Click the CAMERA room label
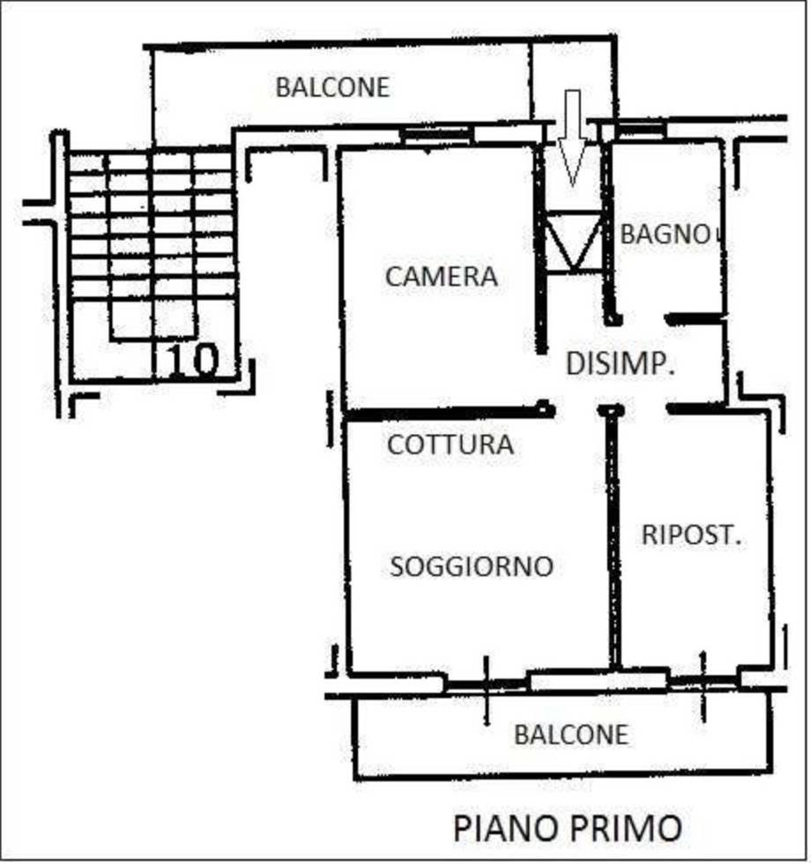[441, 277]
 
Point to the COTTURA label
[450, 444]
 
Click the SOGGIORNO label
[472, 566]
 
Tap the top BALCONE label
[332, 87]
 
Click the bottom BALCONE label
[572, 734]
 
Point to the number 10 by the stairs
[192, 362]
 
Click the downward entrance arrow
[573, 137]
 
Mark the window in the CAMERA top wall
[436, 135]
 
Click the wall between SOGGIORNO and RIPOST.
[614, 538]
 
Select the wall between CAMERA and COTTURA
[441, 412]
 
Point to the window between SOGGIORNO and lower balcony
[597, 680]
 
